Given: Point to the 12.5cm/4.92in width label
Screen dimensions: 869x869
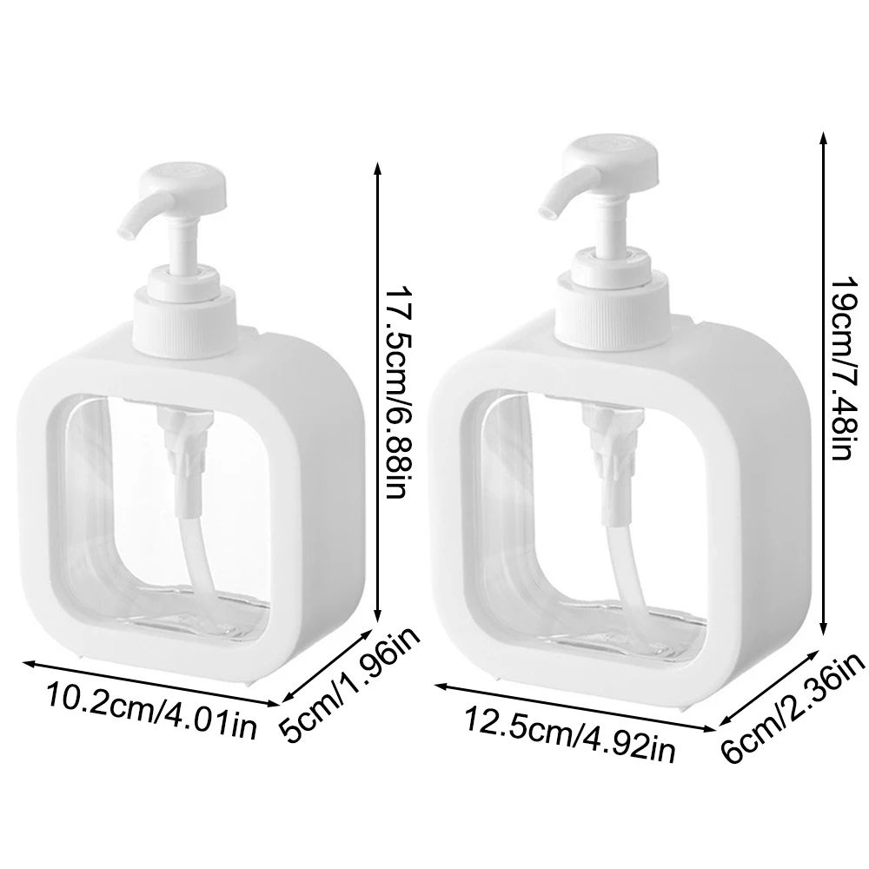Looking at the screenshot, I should click(x=569, y=733).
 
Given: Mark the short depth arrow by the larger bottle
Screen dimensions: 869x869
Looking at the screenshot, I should click(x=773, y=678).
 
